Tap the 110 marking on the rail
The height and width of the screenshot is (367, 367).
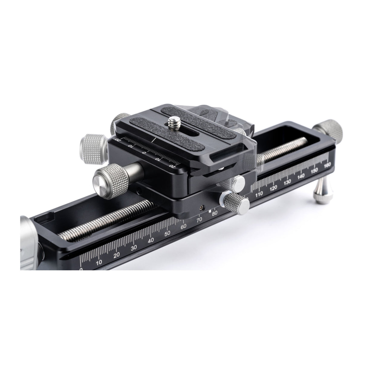click(x=259, y=194)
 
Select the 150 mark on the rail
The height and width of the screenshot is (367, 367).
click(x=314, y=170)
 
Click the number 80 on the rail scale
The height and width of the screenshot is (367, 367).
click(x=215, y=213)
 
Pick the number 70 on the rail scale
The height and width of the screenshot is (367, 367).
click(x=199, y=219)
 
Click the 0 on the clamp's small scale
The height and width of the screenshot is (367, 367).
click(x=144, y=153)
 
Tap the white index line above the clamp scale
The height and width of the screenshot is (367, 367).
click(x=154, y=140)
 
